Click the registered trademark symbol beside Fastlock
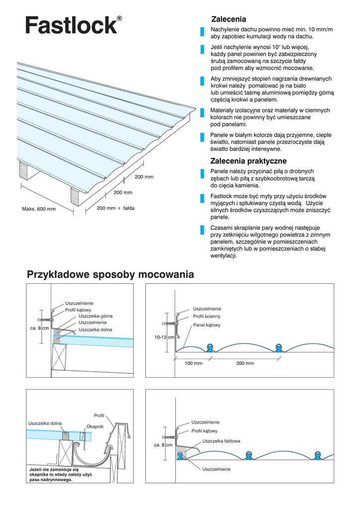[119, 18]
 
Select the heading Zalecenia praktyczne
[248, 161]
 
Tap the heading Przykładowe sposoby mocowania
[110, 274]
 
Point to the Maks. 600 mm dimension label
[39, 209]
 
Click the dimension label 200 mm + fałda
[116, 208]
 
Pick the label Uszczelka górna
[95, 316]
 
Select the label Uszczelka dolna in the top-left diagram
[95, 330]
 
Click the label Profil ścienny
[206, 316]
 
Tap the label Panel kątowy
[206, 325]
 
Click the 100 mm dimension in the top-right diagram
[193, 363]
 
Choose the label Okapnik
[95, 426]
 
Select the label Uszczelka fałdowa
[221, 441]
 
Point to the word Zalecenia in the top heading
[229, 19]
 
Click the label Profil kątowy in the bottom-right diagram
[204, 431]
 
